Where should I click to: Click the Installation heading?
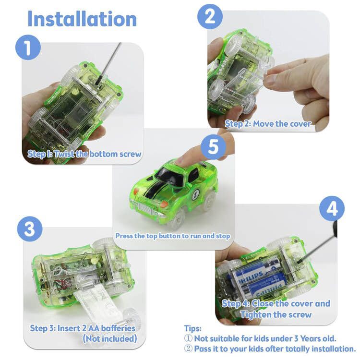[x=82, y=19]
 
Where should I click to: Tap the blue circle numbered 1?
[x=28, y=48]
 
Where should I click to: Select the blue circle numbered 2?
[x=210, y=16]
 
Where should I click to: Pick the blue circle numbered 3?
[x=30, y=229]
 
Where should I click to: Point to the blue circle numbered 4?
[x=332, y=208]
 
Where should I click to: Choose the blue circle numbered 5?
[x=214, y=147]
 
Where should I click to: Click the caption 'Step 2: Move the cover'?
[x=268, y=124]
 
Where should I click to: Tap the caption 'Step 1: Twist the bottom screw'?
[x=84, y=154]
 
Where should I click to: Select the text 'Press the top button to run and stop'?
[x=173, y=236]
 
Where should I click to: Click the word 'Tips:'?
[x=193, y=328]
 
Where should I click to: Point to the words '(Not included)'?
[x=110, y=338]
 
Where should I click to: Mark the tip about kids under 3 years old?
[x=260, y=338]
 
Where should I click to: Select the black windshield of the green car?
[x=167, y=176]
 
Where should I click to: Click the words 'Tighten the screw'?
[x=276, y=314]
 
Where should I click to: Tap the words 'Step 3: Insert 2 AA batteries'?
[x=83, y=328]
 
